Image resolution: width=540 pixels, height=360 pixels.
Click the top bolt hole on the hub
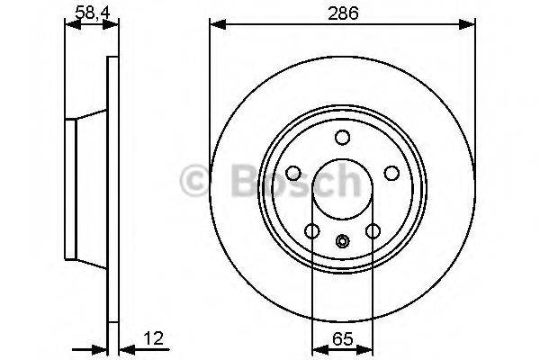point(342,138)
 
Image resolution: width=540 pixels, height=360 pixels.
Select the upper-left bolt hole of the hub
point(293,174)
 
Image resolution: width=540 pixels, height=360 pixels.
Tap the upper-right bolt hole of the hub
point(391,174)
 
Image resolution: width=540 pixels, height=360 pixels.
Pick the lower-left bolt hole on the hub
point(311,232)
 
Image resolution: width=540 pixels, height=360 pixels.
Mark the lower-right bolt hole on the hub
point(373,232)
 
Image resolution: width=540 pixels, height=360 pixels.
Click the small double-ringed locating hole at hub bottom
point(342,240)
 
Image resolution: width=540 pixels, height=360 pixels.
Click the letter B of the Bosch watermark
point(236,181)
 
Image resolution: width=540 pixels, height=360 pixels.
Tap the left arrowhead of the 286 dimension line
point(216,26)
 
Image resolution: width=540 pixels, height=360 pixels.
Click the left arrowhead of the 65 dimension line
point(316,349)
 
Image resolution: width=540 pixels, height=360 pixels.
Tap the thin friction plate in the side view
point(112,189)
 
